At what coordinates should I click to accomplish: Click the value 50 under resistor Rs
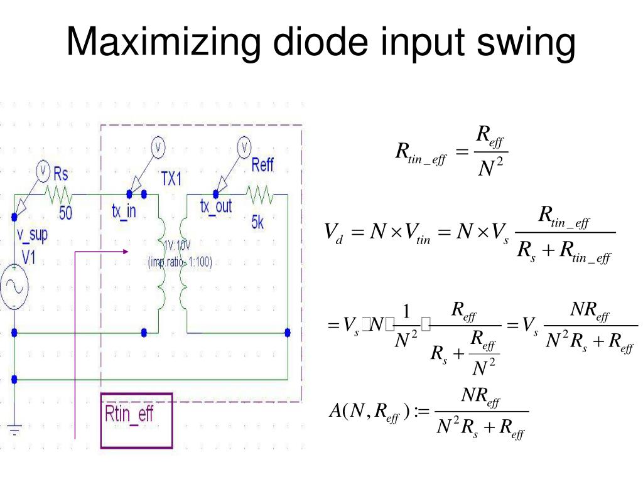[x=65, y=213]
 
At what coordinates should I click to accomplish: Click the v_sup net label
[x=32, y=236]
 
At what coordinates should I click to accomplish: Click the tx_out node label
[x=216, y=206]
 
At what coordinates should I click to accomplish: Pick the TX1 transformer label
[x=171, y=178]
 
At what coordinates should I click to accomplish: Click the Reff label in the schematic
[x=262, y=166]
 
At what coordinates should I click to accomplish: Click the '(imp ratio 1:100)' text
[x=180, y=262]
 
